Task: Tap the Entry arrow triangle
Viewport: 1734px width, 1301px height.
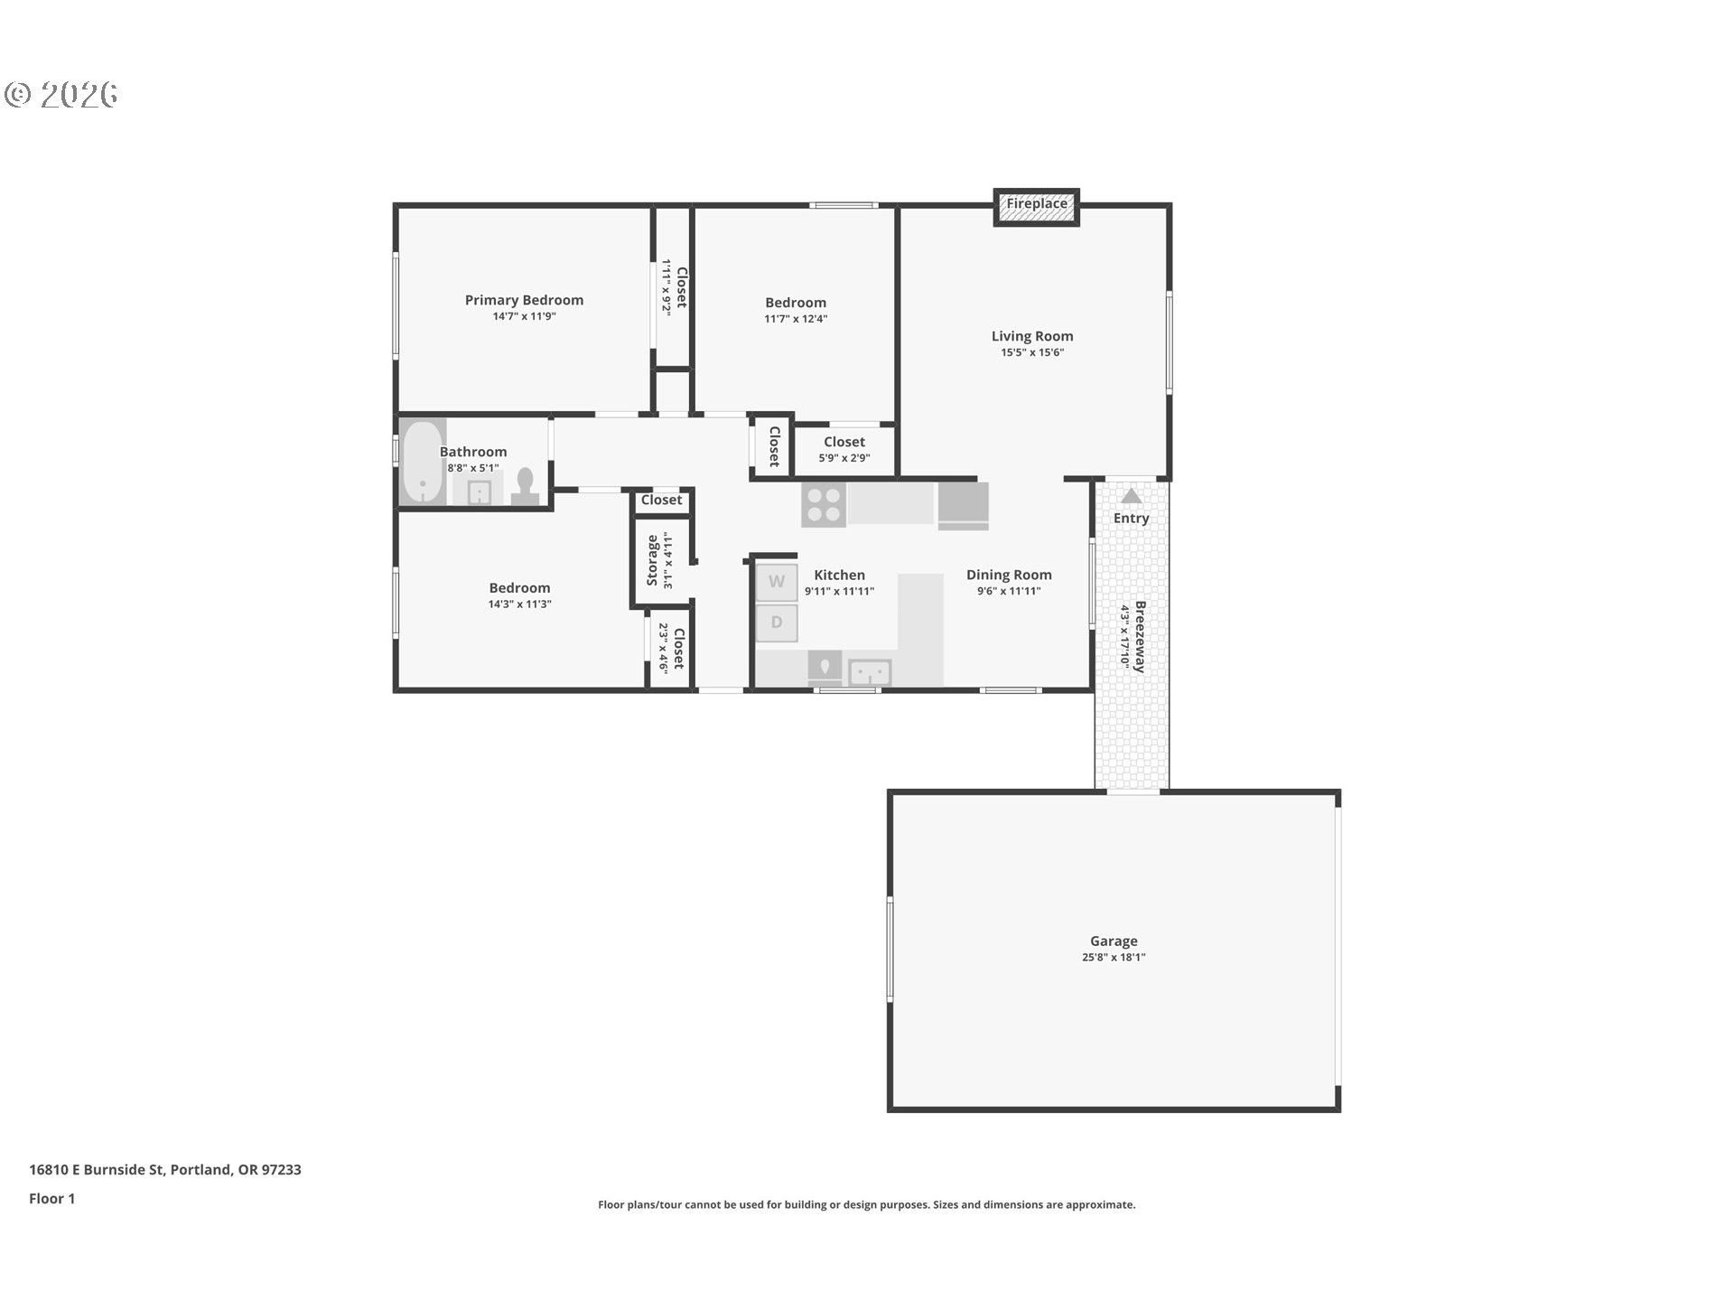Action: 1131,496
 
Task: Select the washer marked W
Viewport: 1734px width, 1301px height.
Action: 777,582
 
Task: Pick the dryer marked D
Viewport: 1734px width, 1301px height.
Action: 777,622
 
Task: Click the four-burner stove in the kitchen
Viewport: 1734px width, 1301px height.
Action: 823,505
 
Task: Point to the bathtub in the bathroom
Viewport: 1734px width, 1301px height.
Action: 422,463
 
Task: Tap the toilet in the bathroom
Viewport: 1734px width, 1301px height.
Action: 525,487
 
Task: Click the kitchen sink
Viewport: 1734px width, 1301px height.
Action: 870,672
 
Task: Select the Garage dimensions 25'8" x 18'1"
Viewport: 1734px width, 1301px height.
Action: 1113,958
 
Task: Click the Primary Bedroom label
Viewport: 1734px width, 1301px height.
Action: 524,300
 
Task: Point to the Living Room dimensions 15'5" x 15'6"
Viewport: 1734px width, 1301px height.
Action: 1031,352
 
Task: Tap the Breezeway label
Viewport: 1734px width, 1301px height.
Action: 1140,636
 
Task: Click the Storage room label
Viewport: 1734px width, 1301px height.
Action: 653,560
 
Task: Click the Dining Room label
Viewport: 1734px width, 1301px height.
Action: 1008,575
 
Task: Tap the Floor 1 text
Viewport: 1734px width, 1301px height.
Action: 51,1198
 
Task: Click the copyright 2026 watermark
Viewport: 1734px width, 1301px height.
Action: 61,95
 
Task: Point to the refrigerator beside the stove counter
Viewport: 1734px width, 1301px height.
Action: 963,505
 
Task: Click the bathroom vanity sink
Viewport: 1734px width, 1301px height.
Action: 478,493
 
